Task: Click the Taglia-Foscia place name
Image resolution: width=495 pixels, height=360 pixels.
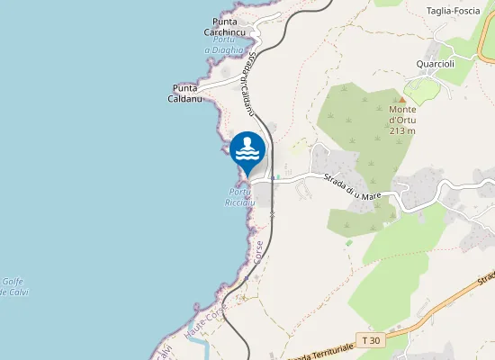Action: (453, 12)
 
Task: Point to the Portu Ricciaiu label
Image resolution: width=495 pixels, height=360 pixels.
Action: (241, 198)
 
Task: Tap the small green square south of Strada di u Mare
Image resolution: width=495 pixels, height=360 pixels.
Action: (349, 242)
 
